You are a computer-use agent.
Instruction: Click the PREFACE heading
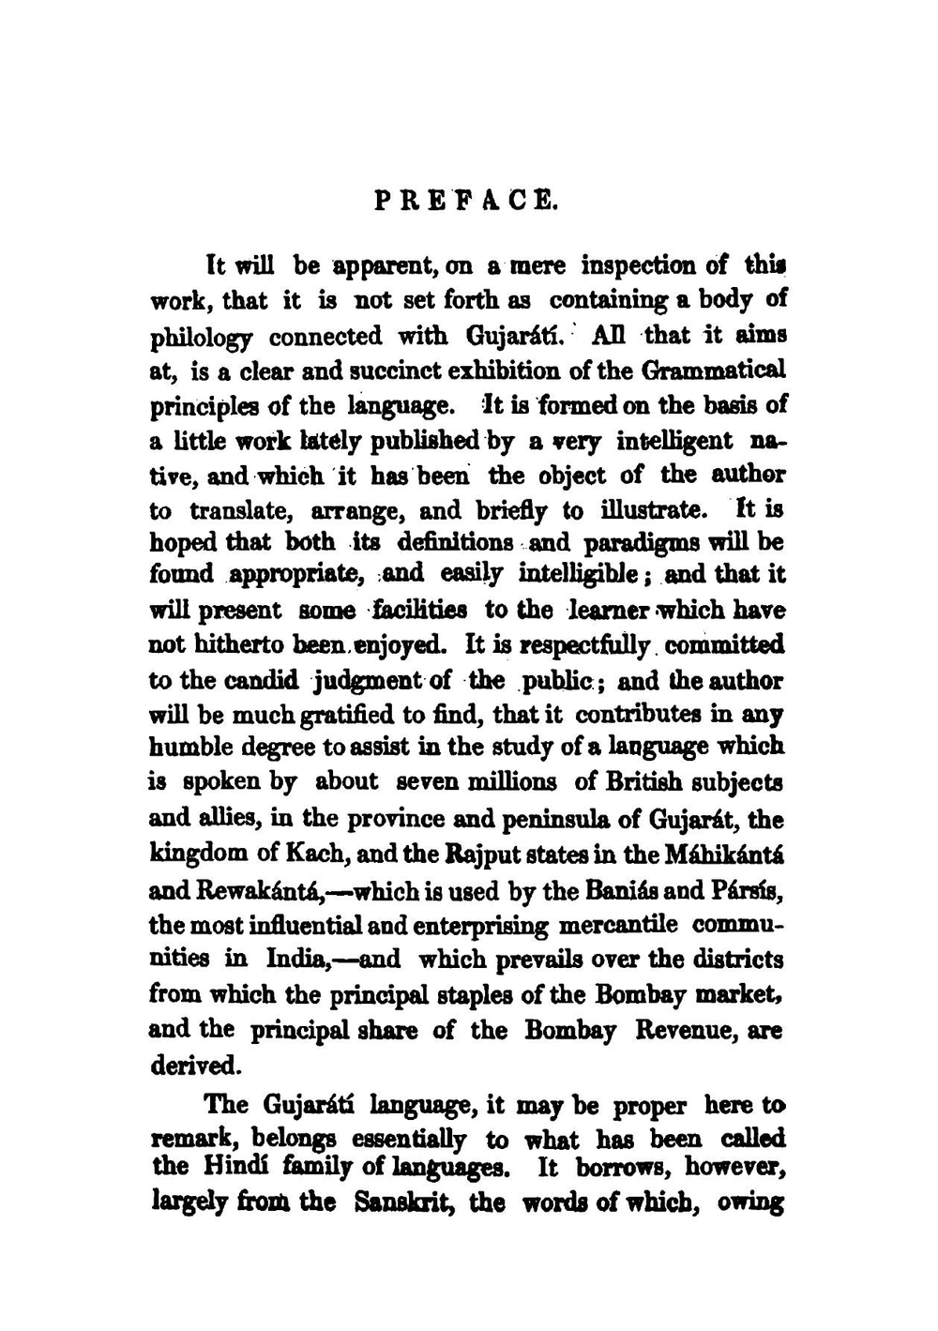tap(466, 200)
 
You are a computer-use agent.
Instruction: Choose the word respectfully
tap(581, 646)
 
